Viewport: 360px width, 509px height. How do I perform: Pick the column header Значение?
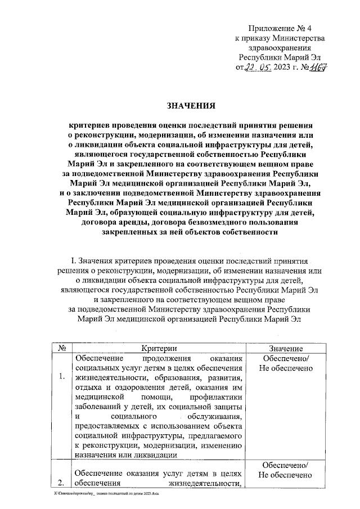pos(285,349)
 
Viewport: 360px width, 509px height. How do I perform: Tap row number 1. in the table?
pos(61,377)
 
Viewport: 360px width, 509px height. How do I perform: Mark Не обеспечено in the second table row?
pos(285,476)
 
